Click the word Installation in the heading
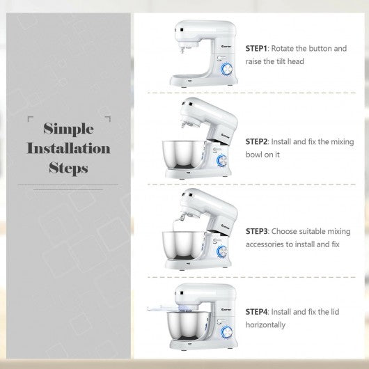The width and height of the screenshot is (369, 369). click(68, 148)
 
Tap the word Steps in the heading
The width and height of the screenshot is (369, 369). click(68, 168)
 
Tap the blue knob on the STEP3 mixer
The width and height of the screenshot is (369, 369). click(224, 251)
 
